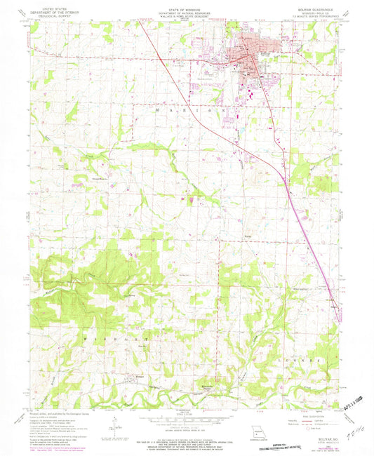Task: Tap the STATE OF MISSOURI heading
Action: pyautogui.click(x=187, y=8)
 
